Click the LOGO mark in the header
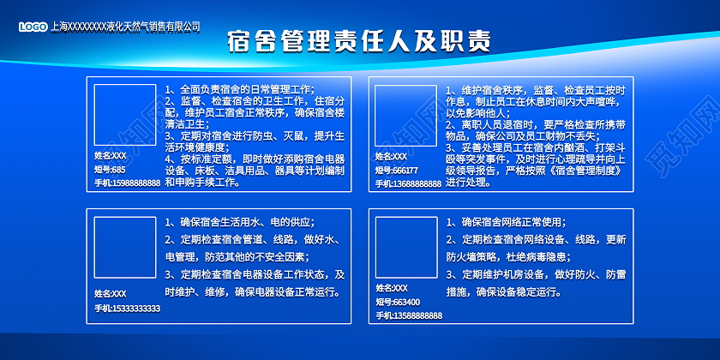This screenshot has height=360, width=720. pos(34,27)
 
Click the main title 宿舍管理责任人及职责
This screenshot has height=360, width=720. pos(359,42)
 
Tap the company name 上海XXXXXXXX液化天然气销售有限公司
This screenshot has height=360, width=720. pos(125,27)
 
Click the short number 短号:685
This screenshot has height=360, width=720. pos(110,169)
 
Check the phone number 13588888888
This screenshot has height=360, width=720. pos(408,316)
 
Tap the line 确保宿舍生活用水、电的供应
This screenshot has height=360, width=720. pos(240,222)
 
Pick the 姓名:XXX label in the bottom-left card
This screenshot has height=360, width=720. pos(110,294)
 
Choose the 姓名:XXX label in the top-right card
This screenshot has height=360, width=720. pos(391,156)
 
